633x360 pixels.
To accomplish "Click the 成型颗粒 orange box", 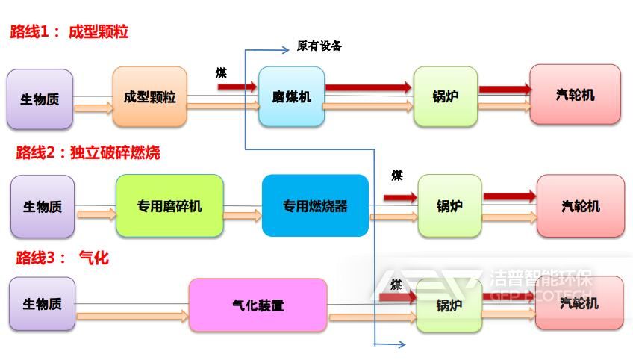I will pyautogui.click(x=150, y=97).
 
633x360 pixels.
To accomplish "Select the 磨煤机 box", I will pyautogui.click(x=291, y=97).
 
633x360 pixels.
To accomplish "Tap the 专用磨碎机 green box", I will pyautogui.click(x=169, y=205).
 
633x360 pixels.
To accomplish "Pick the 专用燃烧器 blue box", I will pyautogui.click(x=315, y=205).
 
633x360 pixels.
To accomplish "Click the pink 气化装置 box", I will pyautogui.click(x=258, y=305).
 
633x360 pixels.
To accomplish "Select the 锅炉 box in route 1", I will pyautogui.click(x=445, y=97).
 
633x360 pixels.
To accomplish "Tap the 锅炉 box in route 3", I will pyautogui.click(x=449, y=305).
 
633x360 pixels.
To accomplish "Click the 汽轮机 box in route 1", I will pyautogui.click(x=575, y=94).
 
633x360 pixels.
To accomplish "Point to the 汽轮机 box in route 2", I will pyautogui.click(x=580, y=205).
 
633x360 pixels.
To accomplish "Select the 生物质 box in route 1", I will pyautogui.click(x=40, y=99).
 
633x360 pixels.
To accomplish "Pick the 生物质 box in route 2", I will pyautogui.click(x=43, y=206).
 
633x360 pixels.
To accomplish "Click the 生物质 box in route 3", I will pyautogui.click(x=43, y=304).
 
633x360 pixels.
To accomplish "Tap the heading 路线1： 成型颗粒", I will pyautogui.click(x=69, y=32).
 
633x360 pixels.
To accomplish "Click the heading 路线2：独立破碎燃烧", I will pyautogui.click(x=88, y=153).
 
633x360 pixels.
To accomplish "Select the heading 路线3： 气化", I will pyautogui.click(x=63, y=258).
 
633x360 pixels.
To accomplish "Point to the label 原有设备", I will pyautogui.click(x=319, y=46).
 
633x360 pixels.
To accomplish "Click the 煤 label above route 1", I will pyautogui.click(x=222, y=72).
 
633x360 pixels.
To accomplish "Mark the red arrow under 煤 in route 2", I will pyautogui.click(x=400, y=197).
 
